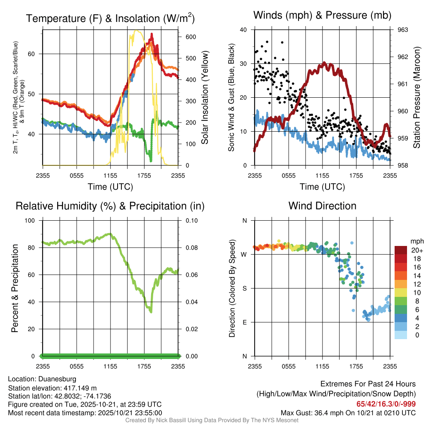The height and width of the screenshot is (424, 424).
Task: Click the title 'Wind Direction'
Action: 322,206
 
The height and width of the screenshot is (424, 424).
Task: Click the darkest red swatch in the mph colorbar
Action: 401,250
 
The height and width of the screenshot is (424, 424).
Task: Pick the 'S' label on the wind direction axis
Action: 245,288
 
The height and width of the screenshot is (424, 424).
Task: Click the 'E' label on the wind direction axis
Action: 245,322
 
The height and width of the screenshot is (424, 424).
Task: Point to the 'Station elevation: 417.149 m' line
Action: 52,388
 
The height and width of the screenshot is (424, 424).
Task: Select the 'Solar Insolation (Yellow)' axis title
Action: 205,98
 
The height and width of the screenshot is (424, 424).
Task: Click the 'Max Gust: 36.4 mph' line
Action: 348,412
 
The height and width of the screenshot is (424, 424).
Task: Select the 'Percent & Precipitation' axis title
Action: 14,288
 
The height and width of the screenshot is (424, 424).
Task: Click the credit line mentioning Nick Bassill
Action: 212,420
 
